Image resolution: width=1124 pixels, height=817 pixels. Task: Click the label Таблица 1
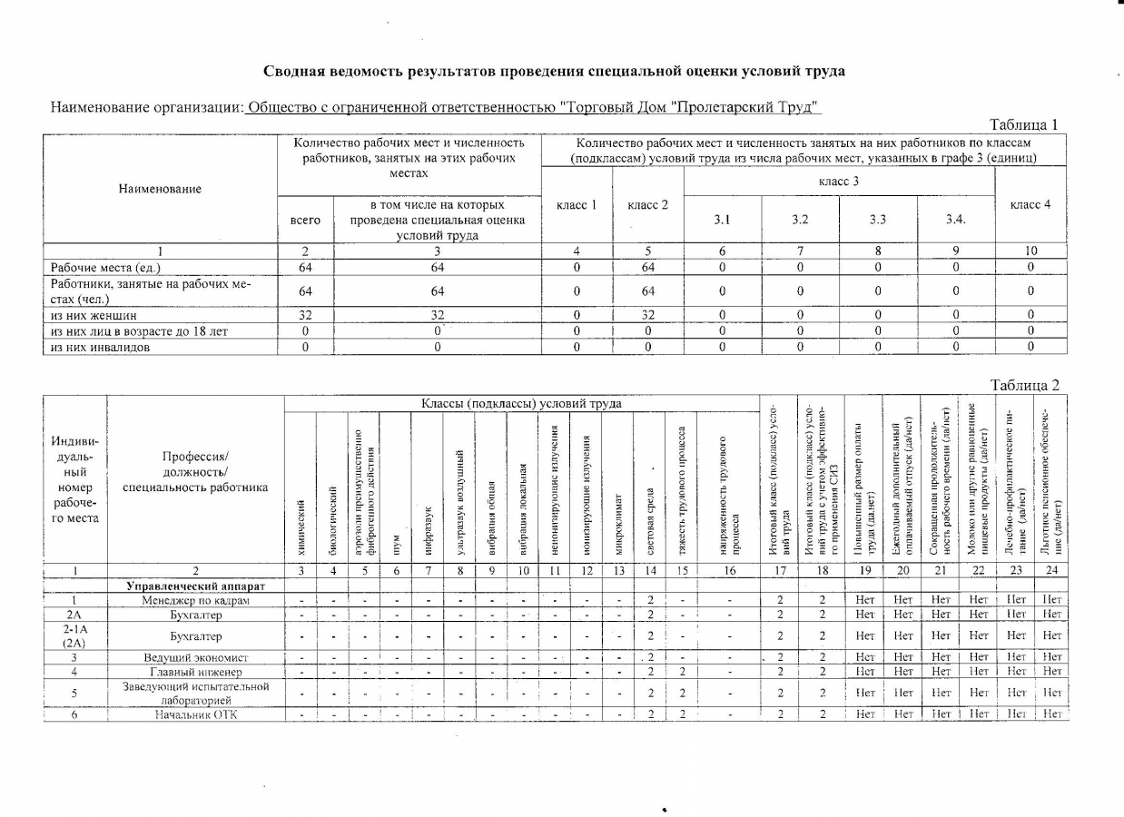(x=1024, y=125)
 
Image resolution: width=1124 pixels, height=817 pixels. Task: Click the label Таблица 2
(x=1024, y=386)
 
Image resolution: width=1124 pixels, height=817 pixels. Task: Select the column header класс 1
(x=577, y=205)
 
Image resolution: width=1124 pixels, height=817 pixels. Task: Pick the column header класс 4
(x=1030, y=205)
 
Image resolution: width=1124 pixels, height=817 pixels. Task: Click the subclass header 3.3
(x=878, y=220)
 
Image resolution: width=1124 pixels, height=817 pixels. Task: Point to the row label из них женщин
(x=94, y=316)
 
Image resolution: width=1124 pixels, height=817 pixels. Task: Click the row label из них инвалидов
(x=100, y=347)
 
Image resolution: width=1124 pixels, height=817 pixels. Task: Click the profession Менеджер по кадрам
(x=195, y=601)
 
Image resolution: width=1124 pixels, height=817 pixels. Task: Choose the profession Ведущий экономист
(x=195, y=657)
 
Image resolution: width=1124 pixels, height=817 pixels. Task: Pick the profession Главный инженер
(x=195, y=672)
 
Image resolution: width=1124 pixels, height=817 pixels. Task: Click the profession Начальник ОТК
(x=195, y=714)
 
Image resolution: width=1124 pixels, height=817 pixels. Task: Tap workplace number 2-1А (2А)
(x=74, y=635)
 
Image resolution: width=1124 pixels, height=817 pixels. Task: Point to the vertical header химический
(x=301, y=527)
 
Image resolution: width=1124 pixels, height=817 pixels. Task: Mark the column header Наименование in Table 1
(x=160, y=189)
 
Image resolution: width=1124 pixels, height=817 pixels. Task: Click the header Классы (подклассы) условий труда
(x=521, y=403)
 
